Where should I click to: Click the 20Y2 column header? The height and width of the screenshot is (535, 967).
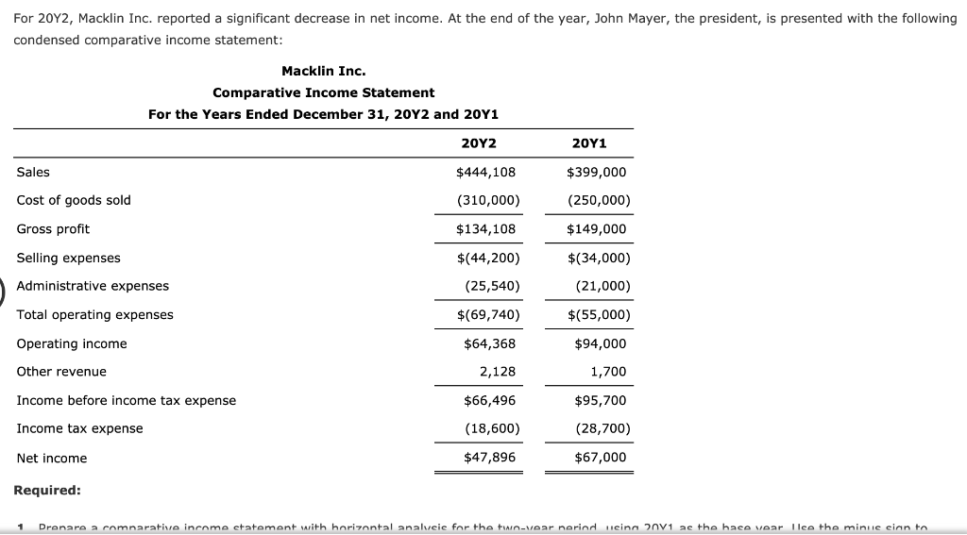tap(479, 143)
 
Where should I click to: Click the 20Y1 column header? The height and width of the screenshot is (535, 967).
tap(589, 143)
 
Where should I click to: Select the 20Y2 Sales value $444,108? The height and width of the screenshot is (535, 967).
tap(485, 172)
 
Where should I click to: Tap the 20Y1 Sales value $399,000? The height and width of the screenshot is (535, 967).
tap(596, 172)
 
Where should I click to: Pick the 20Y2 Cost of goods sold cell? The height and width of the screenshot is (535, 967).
tap(487, 200)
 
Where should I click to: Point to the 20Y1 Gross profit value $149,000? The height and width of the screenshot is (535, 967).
tap(596, 229)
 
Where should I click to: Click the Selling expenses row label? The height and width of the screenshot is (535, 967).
tap(69, 258)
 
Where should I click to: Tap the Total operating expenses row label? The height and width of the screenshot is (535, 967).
tap(95, 314)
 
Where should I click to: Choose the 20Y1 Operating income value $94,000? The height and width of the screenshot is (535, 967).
tap(600, 343)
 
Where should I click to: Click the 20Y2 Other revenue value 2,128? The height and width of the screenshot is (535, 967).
tap(498, 372)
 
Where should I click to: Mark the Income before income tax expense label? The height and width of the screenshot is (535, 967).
tap(127, 400)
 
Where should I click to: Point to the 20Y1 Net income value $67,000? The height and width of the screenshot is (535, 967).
tap(600, 458)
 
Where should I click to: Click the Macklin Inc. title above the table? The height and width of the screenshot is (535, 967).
tap(323, 71)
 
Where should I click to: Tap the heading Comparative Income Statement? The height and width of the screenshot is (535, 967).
tap(323, 92)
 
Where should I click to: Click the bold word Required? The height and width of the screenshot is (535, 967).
tap(47, 490)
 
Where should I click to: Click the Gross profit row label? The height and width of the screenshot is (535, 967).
tap(54, 229)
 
